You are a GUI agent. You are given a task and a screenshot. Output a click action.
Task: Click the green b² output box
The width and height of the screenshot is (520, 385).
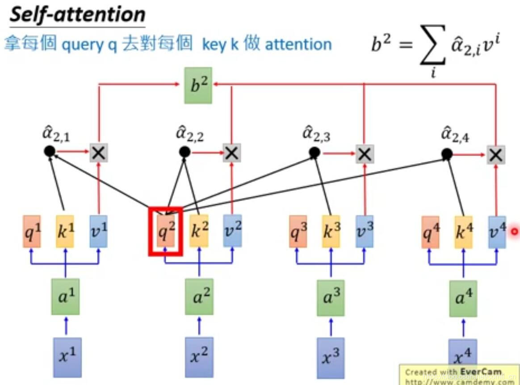pyautogui.click(x=198, y=85)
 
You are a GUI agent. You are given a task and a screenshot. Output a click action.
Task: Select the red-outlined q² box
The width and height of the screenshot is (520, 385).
pyautogui.click(x=165, y=231)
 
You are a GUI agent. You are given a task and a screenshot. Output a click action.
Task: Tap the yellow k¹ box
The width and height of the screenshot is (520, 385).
pyautogui.click(x=65, y=232)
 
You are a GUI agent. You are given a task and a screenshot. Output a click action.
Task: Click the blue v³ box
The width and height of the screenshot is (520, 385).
pyautogui.click(x=365, y=232)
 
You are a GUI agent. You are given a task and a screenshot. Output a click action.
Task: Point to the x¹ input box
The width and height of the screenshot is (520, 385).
pyautogui.click(x=67, y=356)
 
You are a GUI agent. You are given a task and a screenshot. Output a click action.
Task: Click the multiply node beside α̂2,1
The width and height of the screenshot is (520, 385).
pyautogui.click(x=99, y=153)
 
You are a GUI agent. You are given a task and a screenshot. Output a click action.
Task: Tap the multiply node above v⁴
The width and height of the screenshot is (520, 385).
pyautogui.click(x=495, y=155)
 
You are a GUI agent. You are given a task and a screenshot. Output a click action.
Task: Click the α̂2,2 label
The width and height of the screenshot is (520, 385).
pyautogui.click(x=190, y=134)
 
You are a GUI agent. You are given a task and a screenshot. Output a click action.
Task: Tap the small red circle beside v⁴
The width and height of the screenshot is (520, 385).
pyautogui.click(x=514, y=231)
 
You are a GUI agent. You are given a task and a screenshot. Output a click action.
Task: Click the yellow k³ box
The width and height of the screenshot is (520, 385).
pyautogui.click(x=331, y=232)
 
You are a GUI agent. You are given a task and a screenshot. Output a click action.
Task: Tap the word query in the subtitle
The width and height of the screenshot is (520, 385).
pyautogui.click(x=82, y=45)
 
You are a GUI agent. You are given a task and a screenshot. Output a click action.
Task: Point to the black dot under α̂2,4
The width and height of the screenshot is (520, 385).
pyautogui.click(x=446, y=154)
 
